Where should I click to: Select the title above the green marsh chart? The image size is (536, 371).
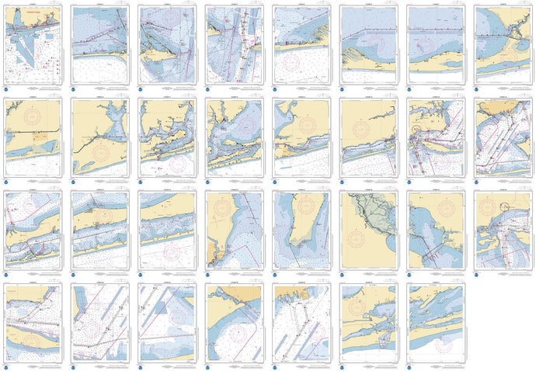pyautogui.click(x=367, y=192)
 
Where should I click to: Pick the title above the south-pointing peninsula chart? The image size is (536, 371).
pyautogui.click(x=300, y=192)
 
